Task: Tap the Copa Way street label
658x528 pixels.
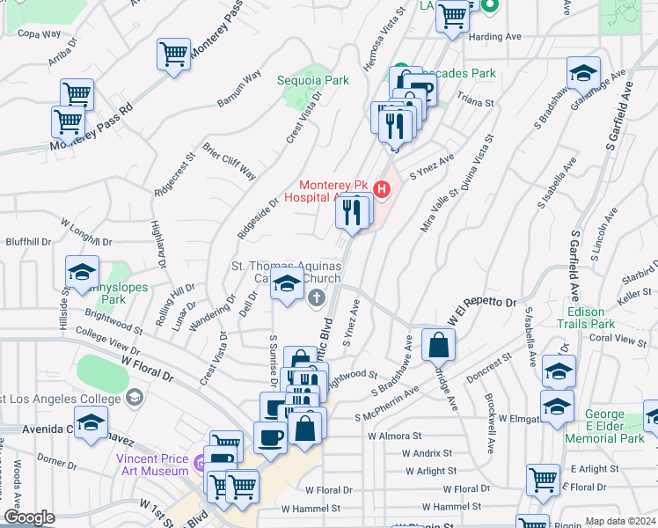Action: [x=40, y=34]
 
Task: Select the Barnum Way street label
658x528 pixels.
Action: [x=240, y=89]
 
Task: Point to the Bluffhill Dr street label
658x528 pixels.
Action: [x=28, y=241]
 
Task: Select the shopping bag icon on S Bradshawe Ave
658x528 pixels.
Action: [x=438, y=346]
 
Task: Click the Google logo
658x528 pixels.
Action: [x=29, y=518]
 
